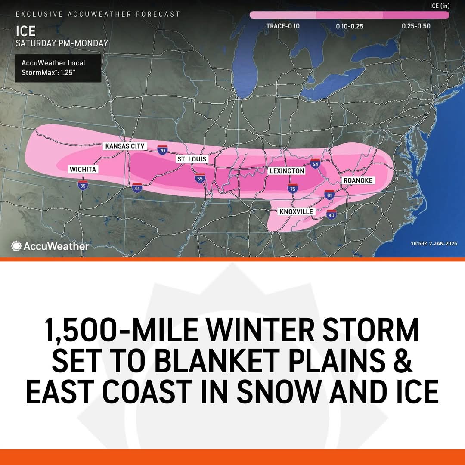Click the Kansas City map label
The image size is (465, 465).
point(125,146)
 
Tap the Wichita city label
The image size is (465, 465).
point(83,170)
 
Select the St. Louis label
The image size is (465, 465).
point(192,159)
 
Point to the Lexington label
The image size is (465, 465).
point(287,171)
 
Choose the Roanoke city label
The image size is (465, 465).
point(357,180)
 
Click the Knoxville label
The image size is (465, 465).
point(296,211)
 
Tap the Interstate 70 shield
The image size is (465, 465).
point(162,150)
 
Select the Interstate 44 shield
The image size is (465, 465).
point(137,188)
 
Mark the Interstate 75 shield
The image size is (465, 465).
point(293,188)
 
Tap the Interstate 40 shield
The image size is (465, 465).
point(332,214)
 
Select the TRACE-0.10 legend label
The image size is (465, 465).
point(283,26)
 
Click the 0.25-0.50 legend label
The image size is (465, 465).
point(416,26)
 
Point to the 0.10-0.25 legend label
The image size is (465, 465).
point(350,26)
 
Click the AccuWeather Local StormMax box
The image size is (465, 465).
point(58,68)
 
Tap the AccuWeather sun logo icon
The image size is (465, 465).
point(16,246)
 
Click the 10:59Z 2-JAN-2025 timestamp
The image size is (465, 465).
point(434,244)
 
